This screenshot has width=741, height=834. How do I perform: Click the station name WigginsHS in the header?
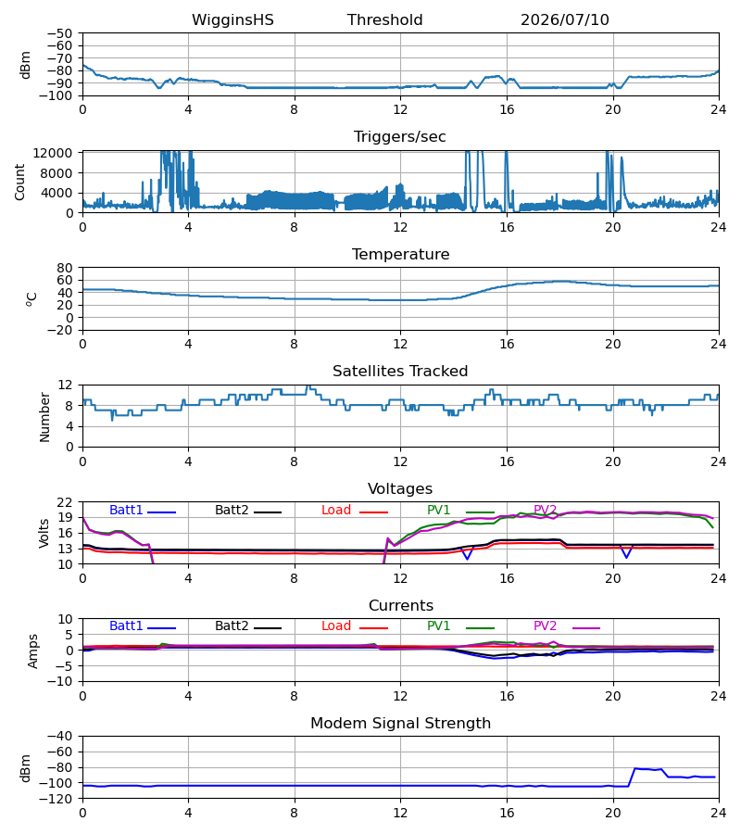pos(232,20)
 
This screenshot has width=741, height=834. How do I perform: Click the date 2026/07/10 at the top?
pos(564,20)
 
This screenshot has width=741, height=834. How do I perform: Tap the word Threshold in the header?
pos(384,20)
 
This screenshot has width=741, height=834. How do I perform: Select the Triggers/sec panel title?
pos(400,137)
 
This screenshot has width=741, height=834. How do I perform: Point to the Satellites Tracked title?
pos(400,372)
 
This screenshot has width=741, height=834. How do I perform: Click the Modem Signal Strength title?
pos(400,724)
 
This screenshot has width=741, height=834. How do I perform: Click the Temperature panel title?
pos(400,254)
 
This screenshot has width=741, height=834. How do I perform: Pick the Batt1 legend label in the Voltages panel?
pos(126,510)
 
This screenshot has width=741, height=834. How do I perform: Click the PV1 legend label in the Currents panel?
pos(438,626)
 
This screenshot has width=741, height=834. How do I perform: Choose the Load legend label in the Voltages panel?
pos(336,510)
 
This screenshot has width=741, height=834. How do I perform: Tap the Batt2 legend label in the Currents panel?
pos(232,626)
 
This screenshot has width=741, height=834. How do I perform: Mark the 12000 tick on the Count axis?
pos(53,153)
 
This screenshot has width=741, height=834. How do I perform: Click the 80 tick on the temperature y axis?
pos(65,268)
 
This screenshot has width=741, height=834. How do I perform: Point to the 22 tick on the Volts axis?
pos(65,502)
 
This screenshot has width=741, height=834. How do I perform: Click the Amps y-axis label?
pos(33,651)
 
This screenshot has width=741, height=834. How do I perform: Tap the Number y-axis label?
pos(44,417)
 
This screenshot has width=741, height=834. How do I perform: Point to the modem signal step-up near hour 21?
pos(632,777)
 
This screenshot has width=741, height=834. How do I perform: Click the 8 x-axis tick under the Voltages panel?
pos(294,578)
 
